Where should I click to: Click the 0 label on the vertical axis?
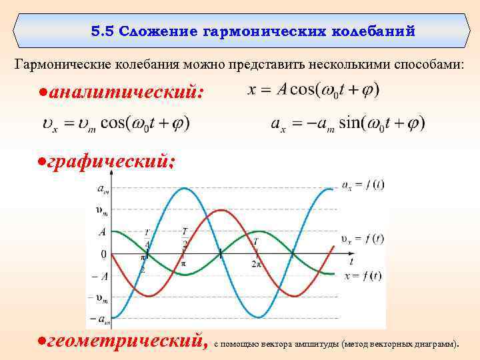pos(103,254)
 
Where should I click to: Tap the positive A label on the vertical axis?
pos(102,232)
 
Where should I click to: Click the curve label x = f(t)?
pos(363,275)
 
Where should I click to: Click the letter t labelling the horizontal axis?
pos(351,261)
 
